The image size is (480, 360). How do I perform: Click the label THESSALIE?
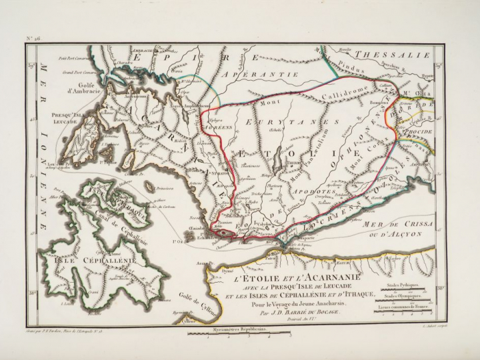(x=393, y=56)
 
